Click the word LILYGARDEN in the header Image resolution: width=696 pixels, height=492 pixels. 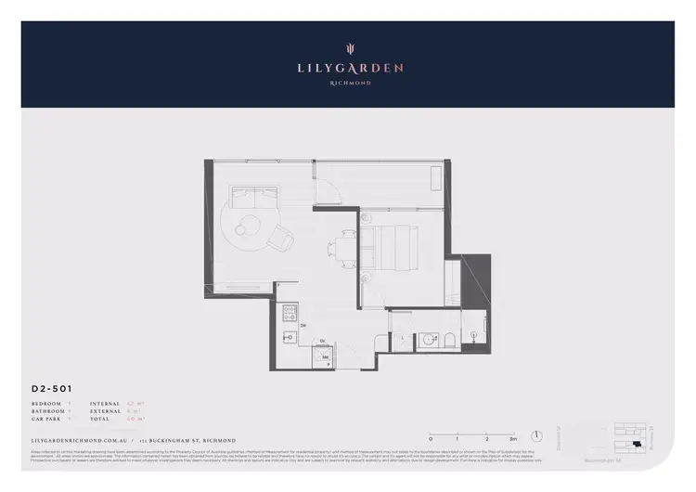[349, 68]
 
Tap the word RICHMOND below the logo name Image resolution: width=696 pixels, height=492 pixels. [349, 83]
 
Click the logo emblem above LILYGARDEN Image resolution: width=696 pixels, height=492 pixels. [349, 48]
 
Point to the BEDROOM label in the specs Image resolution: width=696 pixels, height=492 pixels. [45, 404]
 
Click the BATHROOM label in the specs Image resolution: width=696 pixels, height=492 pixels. [47, 411]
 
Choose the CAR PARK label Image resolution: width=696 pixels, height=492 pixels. [45, 419]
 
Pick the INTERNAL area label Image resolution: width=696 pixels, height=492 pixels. [105, 404]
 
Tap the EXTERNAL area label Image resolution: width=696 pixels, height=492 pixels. [105, 411]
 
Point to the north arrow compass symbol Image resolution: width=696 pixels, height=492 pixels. [536, 434]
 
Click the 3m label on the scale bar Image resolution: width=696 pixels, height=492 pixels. [513, 437]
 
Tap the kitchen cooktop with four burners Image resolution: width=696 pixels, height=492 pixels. [290, 311]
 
